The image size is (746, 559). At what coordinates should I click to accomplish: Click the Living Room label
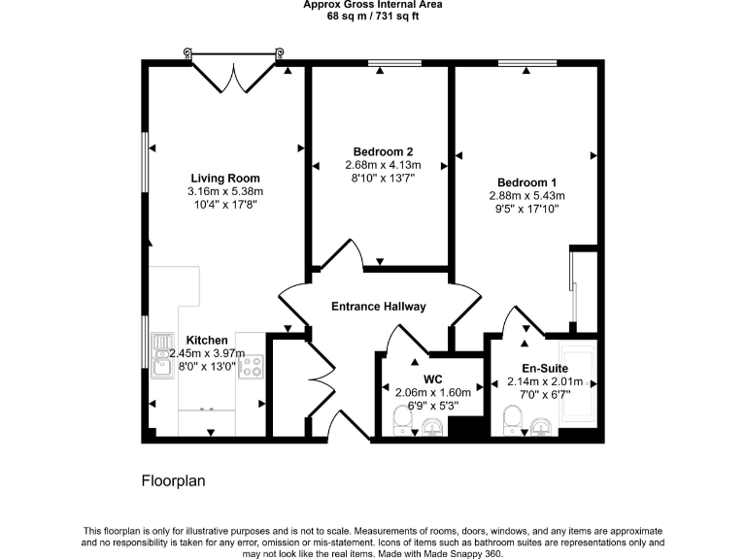tap(224, 179)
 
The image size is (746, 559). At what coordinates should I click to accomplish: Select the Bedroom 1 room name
tap(526, 182)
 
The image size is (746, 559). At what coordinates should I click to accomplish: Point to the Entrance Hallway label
tap(379, 307)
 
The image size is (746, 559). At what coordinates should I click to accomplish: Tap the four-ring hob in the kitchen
tap(252, 366)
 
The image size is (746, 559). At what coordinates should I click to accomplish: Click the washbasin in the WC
tap(434, 427)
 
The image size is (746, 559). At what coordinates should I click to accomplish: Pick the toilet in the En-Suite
tap(514, 420)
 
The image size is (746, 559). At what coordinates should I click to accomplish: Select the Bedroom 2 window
tap(394, 64)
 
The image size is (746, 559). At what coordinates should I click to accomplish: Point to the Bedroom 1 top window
tap(526, 64)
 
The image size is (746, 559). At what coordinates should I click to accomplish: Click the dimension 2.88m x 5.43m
tap(526, 195)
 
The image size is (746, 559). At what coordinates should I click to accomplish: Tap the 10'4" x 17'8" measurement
tap(224, 204)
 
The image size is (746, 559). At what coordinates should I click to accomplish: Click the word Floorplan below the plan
tap(174, 480)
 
